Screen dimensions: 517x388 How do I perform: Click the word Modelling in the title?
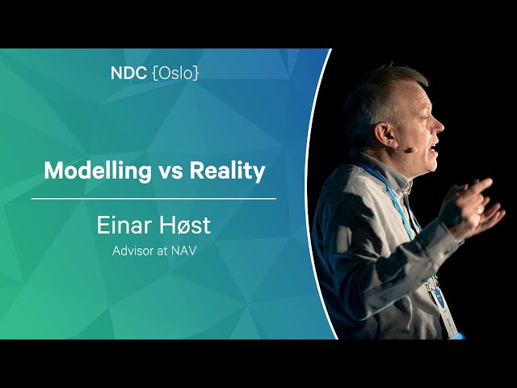(x=97, y=171)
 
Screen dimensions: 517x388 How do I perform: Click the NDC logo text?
(x=128, y=74)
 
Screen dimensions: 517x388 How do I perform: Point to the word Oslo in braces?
(x=175, y=74)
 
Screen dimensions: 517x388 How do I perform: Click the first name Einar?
(x=123, y=226)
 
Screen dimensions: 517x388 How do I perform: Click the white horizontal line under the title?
(x=153, y=199)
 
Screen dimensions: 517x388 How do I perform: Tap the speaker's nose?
(x=439, y=126)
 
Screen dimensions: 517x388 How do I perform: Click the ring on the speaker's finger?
(x=480, y=210)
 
